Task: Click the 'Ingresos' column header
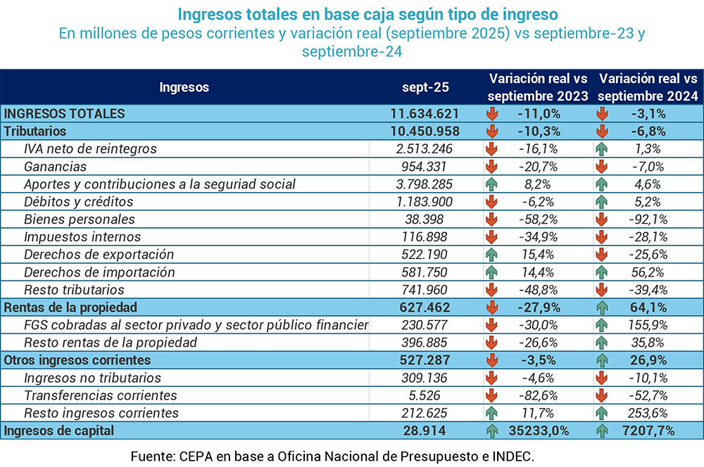point(184,87)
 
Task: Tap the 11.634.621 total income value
point(425,113)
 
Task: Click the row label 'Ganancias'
point(55,167)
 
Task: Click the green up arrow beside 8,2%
point(492,184)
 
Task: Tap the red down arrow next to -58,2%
point(492,219)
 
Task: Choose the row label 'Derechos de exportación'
point(99,255)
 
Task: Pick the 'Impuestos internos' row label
point(82,237)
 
